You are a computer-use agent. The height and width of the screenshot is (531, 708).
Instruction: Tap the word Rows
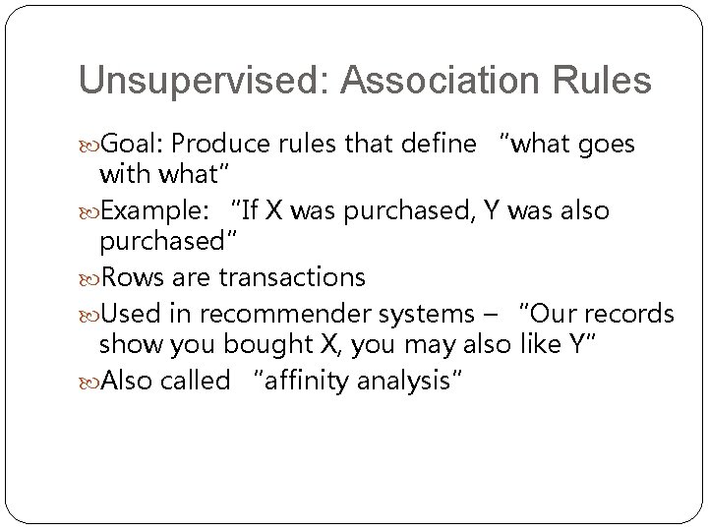(128, 278)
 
